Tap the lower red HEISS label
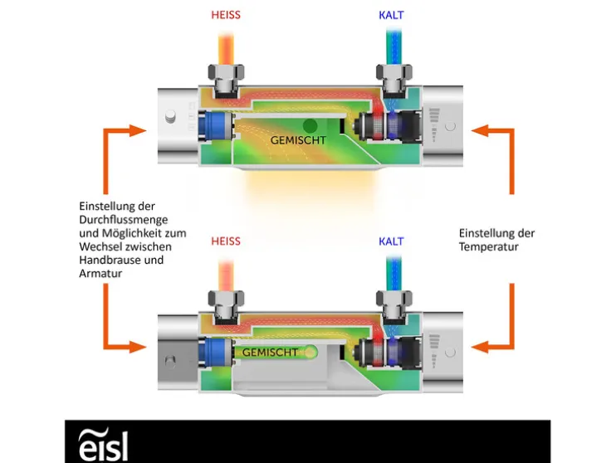[226, 241]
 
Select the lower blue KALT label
[391, 241]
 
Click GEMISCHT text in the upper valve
[298, 140]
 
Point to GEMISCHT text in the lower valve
[270, 353]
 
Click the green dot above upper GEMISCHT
[310, 125]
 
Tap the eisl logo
[103, 443]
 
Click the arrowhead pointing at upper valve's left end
[137, 130]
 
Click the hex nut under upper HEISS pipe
[226, 80]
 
